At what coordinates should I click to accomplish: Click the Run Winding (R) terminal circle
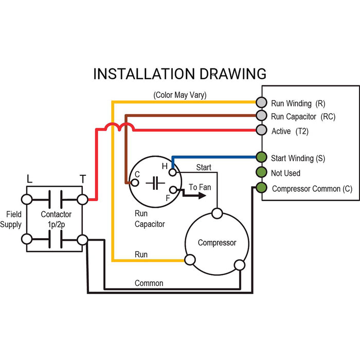[x=262, y=102]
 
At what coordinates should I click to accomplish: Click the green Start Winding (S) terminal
[x=262, y=157]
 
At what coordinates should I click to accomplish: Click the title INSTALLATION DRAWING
[x=179, y=74]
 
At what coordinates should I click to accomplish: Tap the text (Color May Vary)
[x=180, y=95]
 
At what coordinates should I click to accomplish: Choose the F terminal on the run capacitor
[x=172, y=190]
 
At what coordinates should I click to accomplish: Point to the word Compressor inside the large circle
[x=217, y=242]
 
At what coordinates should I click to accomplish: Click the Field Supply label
[x=11, y=219]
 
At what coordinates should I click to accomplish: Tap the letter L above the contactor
[x=29, y=179]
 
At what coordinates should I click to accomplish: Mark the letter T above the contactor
[x=82, y=179]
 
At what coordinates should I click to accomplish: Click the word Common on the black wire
[x=149, y=283]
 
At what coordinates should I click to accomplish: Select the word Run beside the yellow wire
[x=141, y=254]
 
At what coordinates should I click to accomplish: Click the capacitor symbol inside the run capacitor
[x=154, y=182]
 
